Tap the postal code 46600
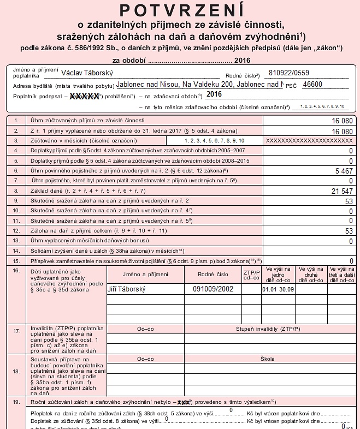pyautogui.click(x=312, y=85)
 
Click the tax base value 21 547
pyautogui.click(x=342, y=191)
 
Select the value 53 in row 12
pyautogui.click(x=349, y=231)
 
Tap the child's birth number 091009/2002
pyautogui.click(x=213, y=289)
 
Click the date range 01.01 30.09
pyautogui.click(x=278, y=289)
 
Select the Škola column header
pyautogui.click(x=268, y=359)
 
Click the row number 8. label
pyautogui.click(x=16, y=191)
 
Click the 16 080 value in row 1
pyautogui.click(x=343, y=121)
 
